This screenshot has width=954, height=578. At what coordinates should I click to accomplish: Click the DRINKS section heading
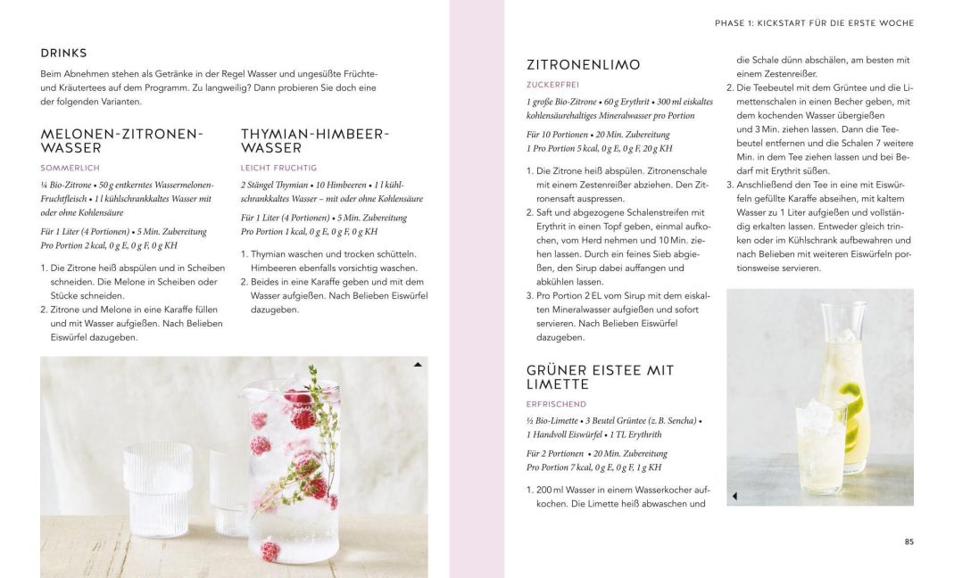[x=63, y=54]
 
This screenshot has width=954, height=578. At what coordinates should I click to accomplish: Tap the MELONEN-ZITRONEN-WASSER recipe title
[x=122, y=140]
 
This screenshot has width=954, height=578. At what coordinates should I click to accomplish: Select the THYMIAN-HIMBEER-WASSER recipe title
[x=315, y=140]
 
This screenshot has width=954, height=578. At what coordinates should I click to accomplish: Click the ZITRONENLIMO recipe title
[x=583, y=65]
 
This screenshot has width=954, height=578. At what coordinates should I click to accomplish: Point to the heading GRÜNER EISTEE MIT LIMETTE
[x=600, y=376]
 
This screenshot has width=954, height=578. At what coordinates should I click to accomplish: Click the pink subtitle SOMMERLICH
[x=70, y=168]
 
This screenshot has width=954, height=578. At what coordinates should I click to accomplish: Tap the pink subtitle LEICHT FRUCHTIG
[x=278, y=168]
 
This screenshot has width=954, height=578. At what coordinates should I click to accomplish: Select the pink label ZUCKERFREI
[x=553, y=85]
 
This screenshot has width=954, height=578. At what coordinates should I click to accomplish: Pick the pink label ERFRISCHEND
[x=557, y=403]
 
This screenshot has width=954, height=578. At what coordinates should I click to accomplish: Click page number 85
[x=908, y=541]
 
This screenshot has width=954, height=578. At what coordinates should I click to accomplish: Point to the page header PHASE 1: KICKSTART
[x=814, y=23]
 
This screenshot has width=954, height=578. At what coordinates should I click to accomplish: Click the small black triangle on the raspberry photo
[x=418, y=365]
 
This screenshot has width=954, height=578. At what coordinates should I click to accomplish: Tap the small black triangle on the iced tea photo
[x=734, y=495]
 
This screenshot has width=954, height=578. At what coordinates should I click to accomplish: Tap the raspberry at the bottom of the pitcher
[x=270, y=550]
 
